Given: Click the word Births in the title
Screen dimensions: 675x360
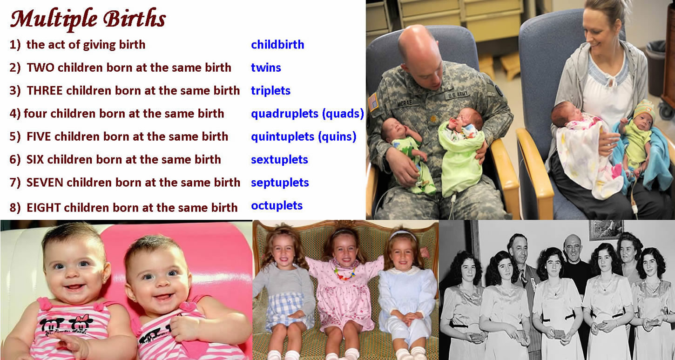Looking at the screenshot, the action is pos(135,18).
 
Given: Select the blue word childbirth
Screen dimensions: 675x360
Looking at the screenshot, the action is pos(277,45).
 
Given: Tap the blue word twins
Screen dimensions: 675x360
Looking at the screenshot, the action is pos(266,68).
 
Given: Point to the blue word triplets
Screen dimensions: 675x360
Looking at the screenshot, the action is pos(270,91).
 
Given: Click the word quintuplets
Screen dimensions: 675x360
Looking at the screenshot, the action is pos(283,137).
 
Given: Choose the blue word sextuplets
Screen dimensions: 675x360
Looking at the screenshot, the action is pos(279,160).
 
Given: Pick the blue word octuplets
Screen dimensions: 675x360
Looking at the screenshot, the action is pos(277,206).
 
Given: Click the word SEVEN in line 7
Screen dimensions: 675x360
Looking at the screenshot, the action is pos(45,183).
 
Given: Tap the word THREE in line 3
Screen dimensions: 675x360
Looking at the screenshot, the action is pos(45,90).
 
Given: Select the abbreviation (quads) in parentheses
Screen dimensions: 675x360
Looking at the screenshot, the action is pos(343,114).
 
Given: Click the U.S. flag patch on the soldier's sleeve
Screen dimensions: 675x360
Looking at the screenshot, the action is pos(373,102).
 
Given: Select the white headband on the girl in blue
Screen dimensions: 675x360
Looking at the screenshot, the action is pos(402,234).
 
